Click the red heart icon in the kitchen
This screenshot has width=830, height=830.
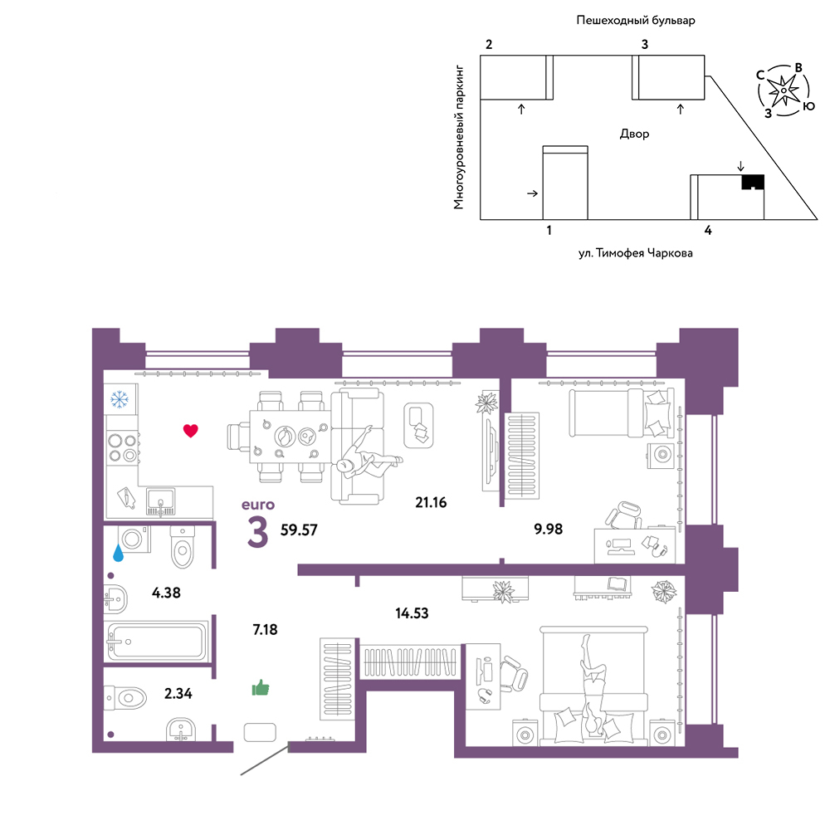coord(191,430)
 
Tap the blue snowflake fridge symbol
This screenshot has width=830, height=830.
coord(120,399)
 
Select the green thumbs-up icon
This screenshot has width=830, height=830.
coord(261,687)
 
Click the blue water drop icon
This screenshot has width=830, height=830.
coord(118,553)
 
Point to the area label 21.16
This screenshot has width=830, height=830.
coord(431,502)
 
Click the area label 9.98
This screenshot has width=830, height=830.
coord(549,529)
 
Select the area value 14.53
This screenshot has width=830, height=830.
coord(412,613)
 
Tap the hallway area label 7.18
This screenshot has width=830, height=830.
coord(266,629)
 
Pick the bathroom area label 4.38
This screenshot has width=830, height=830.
coord(166,593)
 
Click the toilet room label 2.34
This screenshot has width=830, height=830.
coord(178,693)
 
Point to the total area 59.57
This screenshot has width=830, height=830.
coord(299,530)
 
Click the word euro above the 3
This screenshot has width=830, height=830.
coord(258,505)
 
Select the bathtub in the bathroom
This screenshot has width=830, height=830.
coord(157,642)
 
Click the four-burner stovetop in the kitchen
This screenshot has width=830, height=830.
coord(124,448)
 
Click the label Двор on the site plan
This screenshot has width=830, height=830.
coord(635,134)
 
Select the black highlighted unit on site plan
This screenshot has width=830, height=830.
coord(753,182)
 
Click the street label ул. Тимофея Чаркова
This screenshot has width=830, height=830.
coord(635,253)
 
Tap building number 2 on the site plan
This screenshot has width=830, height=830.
coord(489,45)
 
